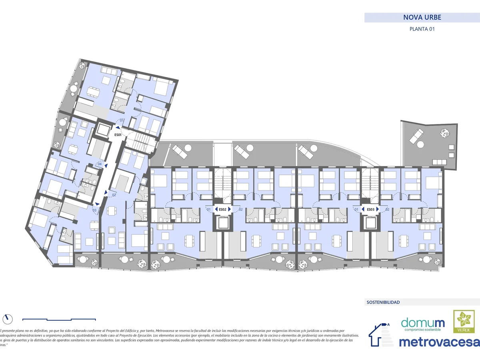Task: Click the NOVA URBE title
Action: pos(422,18)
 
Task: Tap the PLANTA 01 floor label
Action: pos(422,29)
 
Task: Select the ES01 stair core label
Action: pos(118,135)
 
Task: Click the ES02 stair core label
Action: pos(223,209)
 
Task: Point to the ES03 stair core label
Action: pos(370,209)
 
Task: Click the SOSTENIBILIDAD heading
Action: pos(383,302)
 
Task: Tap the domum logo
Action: pos(423,323)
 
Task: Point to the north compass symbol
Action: pos(7,319)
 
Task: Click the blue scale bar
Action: pos(59,319)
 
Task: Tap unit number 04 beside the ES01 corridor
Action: pos(100,164)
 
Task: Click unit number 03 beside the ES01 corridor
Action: pos(94,210)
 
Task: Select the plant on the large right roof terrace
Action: pos(444,132)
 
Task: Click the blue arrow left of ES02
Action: pos(216,209)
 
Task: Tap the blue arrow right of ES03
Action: pos(378,209)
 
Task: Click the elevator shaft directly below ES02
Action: pos(223,222)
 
